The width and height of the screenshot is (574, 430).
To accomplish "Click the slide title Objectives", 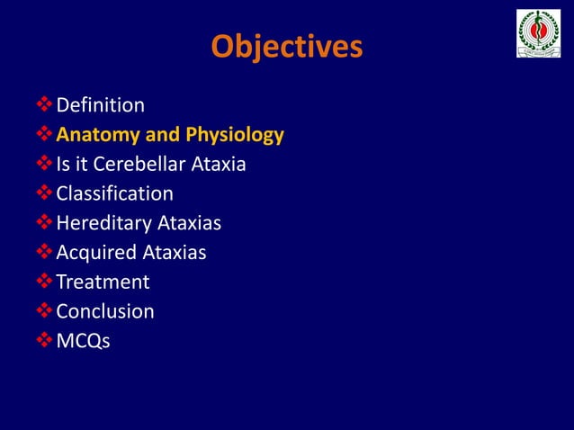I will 287,47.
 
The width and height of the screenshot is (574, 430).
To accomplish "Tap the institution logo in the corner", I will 538,34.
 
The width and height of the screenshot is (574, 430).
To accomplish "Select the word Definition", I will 100,106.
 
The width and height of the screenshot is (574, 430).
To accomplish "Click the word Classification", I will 114,194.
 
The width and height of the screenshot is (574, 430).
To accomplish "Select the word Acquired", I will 95,253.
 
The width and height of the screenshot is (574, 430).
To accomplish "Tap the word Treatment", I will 103,282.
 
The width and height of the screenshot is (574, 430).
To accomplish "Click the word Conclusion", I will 104,311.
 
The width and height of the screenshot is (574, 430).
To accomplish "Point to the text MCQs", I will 83,341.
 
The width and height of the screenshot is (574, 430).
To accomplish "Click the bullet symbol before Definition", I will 44,106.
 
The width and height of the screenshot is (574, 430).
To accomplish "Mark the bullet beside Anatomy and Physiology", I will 44,136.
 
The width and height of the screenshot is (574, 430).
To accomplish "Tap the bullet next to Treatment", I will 44,282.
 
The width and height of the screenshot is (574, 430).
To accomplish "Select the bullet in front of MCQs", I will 44,341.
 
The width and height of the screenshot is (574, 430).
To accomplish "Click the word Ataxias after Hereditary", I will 187,223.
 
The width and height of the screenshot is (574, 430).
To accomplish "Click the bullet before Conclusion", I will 44,311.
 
